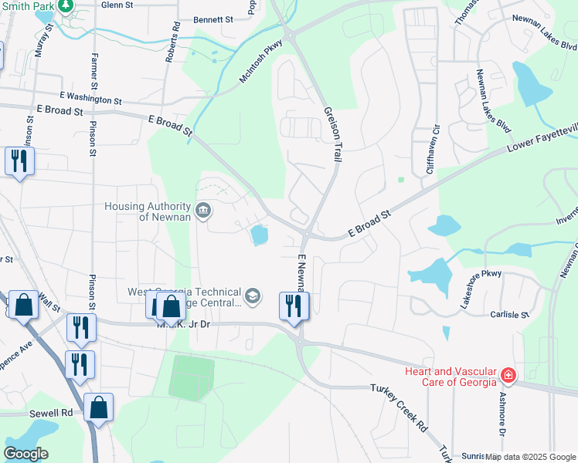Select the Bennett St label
click(x=212, y=19)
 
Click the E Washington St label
click(x=90, y=100)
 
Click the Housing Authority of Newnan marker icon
click(x=203, y=211)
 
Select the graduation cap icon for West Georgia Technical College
click(x=253, y=296)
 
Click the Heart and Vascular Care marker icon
click(x=508, y=377)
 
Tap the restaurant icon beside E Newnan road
click(x=294, y=306)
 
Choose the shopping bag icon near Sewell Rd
click(x=99, y=409)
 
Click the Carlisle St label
click(x=508, y=315)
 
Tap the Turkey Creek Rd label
click(x=398, y=406)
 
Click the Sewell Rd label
click(x=51, y=413)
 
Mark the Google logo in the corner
click(x=25, y=454)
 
